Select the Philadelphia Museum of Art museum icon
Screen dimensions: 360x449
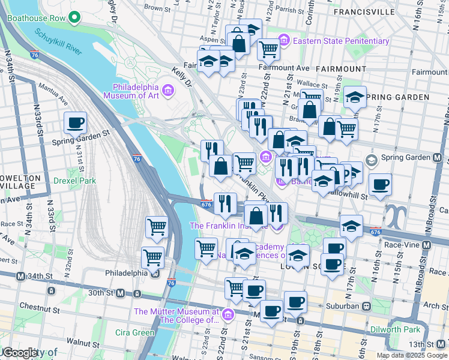pyautogui.click(x=168, y=91)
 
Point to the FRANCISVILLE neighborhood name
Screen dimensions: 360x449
pyautogui.click(x=364, y=11)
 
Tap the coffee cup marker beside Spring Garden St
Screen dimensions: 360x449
pyautogui.click(x=76, y=123)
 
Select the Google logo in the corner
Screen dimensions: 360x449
pyautogui.click(x=19, y=353)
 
